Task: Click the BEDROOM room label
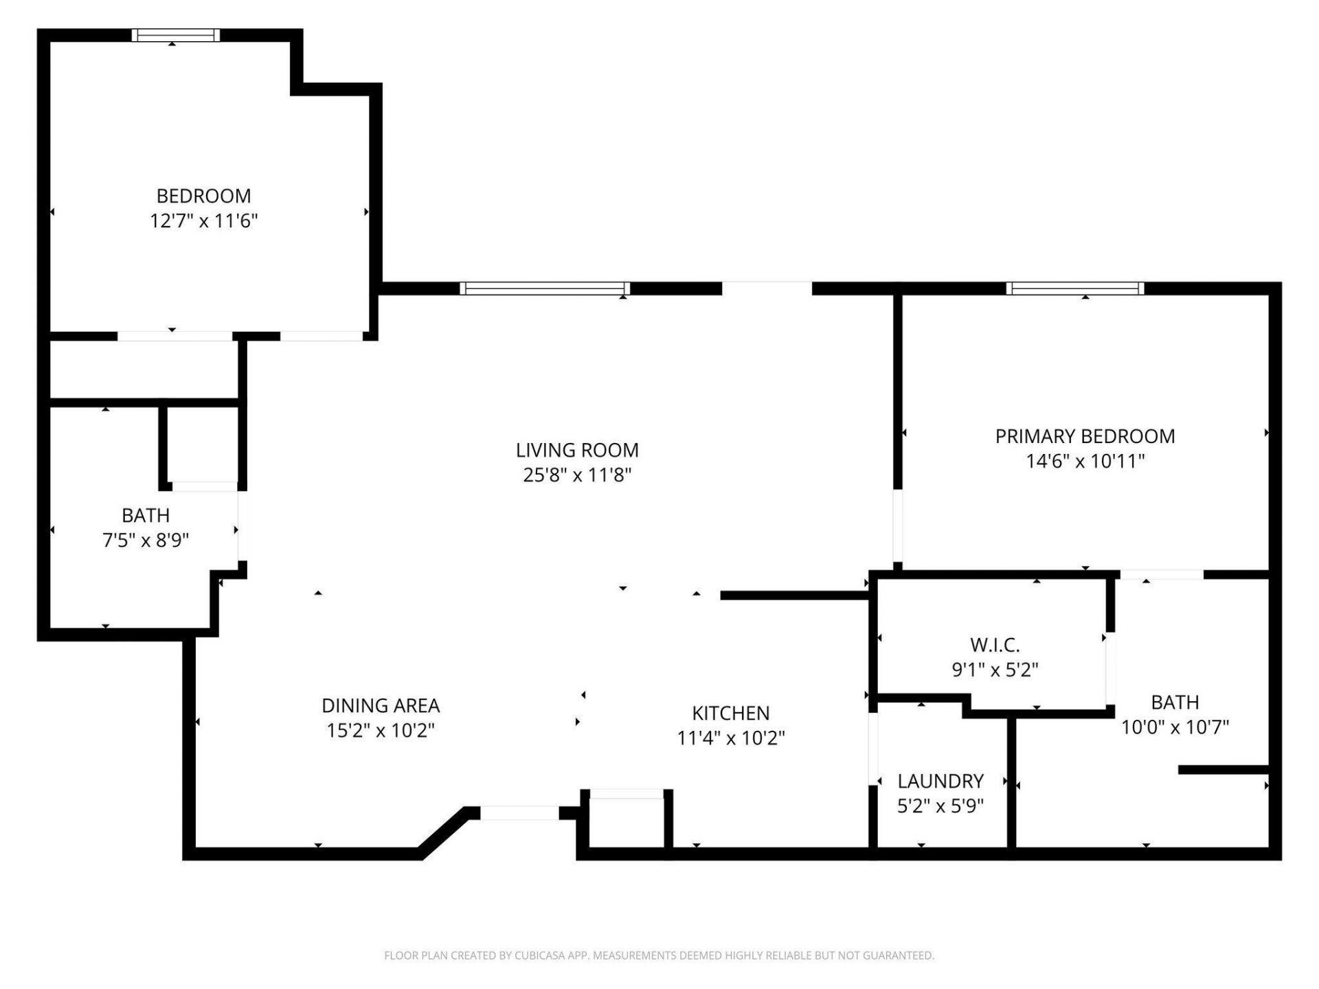click(x=203, y=196)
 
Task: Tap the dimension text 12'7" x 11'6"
click(x=203, y=221)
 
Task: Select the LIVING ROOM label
click(x=577, y=451)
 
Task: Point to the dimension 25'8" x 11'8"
click(x=577, y=475)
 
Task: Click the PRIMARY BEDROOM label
click(x=1085, y=436)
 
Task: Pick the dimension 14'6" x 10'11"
click(x=1085, y=461)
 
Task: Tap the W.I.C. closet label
click(x=994, y=645)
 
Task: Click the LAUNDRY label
click(x=940, y=781)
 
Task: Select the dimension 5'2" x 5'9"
click(x=940, y=806)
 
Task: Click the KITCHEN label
click(x=730, y=713)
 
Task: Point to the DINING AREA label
click(x=381, y=705)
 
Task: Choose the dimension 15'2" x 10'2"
click(x=381, y=730)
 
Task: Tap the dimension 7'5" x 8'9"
click(x=146, y=541)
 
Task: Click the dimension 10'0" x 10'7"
click(x=1175, y=727)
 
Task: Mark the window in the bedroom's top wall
click(x=176, y=35)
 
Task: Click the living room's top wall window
click(x=545, y=288)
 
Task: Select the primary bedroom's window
click(x=1075, y=288)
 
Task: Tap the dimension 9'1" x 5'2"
click(x=994, y=669)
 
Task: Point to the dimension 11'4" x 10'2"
click(x=730, y=738)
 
